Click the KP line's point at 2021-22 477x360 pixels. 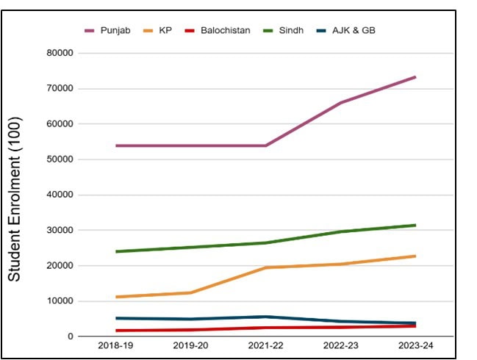pos(265,267)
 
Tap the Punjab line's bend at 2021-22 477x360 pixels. pos(265,145)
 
